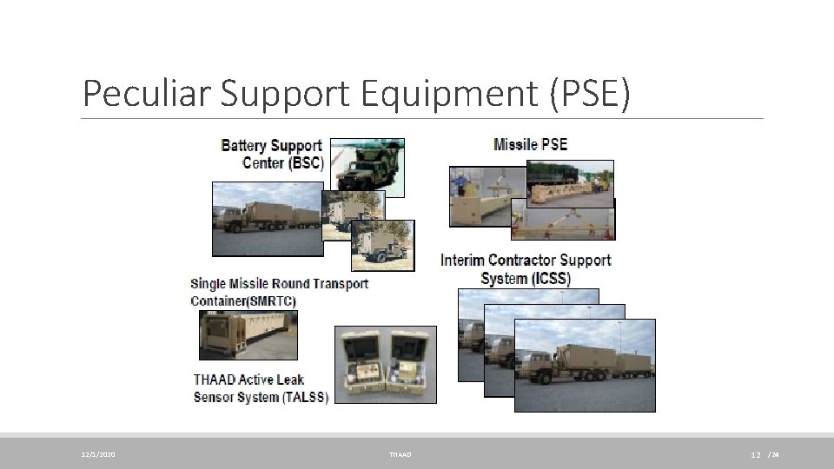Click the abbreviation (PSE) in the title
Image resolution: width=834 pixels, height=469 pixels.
(588, 93)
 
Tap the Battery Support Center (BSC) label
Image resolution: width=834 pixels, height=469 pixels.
(272, 154)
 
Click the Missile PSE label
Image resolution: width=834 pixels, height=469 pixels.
(530, 144)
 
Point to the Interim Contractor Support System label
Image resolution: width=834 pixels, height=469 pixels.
(526, 269)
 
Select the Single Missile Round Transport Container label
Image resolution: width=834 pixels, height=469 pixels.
(279, 292)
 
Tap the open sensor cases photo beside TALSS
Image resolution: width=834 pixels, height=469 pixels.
(386, 365)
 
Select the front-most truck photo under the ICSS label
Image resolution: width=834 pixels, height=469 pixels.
(585, 365)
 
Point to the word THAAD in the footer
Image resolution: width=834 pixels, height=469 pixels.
(400, 454)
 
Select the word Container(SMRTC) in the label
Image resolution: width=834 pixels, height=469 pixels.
(243, 301)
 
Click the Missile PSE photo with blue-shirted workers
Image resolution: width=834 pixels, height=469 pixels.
(478, 195)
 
